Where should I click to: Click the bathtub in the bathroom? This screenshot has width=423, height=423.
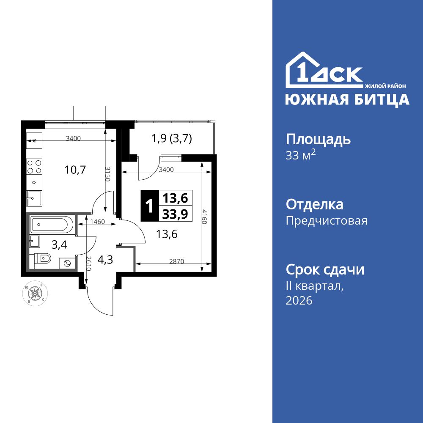(52, 224)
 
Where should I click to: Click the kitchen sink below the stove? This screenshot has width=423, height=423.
(34, 198)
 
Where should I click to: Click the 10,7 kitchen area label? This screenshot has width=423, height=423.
(75, 170)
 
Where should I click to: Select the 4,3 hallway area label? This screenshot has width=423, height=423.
(105, 259)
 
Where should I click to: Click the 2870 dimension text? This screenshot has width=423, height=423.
(176, 261)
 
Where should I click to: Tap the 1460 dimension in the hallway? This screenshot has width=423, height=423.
(97, 221)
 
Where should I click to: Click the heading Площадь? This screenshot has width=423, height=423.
(319, 139)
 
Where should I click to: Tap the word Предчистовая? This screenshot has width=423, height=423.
(327, 221)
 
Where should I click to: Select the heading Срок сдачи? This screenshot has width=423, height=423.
(325, 269)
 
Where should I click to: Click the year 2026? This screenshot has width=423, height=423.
(299, 301)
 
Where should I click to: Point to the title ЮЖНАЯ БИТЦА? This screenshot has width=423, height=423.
(347, 99)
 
